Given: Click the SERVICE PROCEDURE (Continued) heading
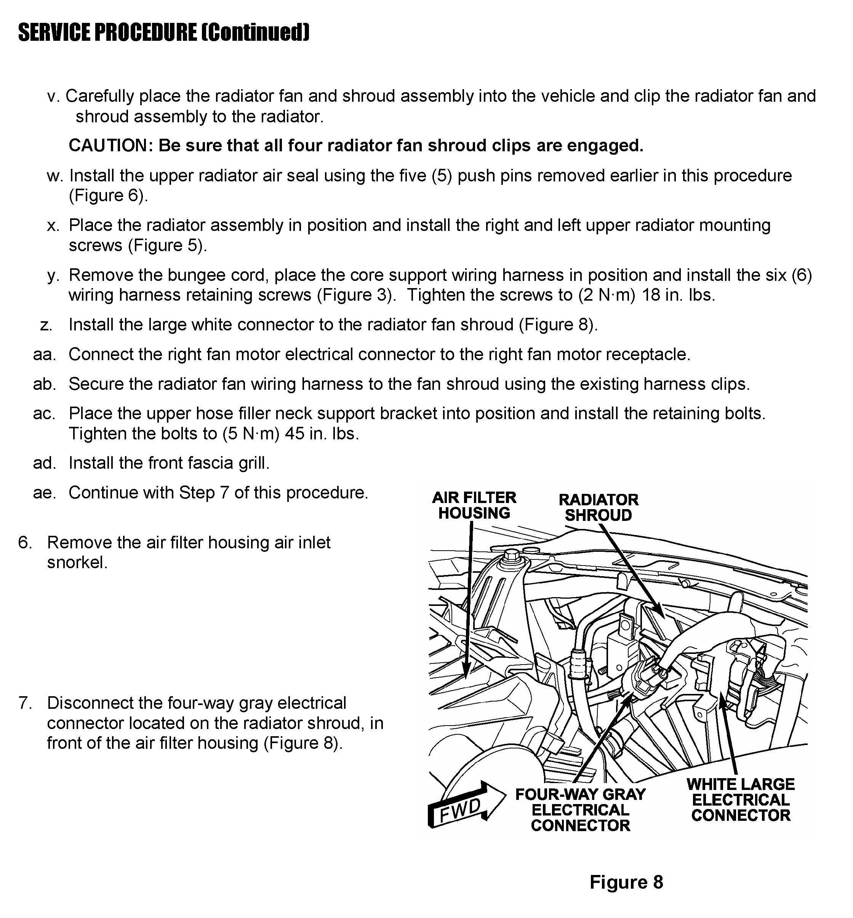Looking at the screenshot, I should click(164, 32).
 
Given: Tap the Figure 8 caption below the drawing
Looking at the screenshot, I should click(626, 882).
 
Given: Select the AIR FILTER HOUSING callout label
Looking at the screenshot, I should click(474, 505).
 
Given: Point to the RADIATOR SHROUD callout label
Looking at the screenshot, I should click(598, 507).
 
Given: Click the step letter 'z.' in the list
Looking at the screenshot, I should click(46, 325).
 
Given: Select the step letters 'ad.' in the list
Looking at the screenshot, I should click(44, 463).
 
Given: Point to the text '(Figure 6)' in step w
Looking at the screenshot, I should click(109, 196).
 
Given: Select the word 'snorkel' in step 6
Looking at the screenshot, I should click(77, 563).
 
